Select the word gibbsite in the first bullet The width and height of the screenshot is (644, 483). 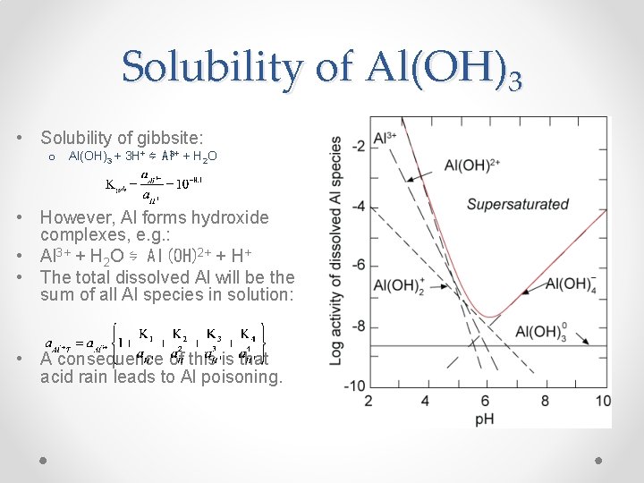click(x=174, y=138)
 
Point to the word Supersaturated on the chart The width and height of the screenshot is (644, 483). click(x=517, y=204)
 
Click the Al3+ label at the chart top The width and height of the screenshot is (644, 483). click(x=386, y=137)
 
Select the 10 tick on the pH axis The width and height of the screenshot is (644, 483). click(x=603, y=400)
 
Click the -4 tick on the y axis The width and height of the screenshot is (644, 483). click(x=356, y=206)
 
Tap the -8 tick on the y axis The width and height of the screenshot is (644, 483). click(x=356, y=326)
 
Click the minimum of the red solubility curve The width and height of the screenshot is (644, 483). click(x=487, y=317)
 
